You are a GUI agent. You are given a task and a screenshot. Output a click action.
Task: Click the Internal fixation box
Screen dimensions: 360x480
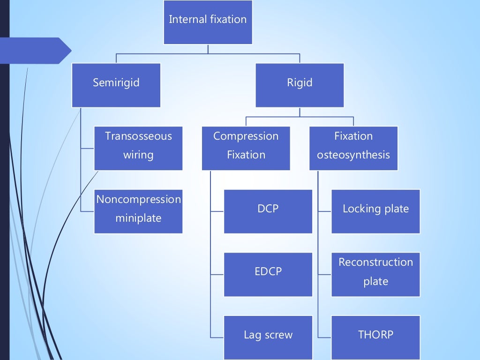[x=208, y=22]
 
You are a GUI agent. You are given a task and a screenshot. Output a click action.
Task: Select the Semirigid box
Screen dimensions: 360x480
[x=116, y=85]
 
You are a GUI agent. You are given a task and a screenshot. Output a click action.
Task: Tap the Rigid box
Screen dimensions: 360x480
[x=300, y=85]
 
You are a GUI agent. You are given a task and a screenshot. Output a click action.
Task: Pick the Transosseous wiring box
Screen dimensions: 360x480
[x=138, y=148]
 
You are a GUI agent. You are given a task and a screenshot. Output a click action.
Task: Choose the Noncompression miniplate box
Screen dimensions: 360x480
[x=138, y=211]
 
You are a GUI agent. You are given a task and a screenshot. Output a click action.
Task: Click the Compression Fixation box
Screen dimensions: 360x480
[x=246, y=148]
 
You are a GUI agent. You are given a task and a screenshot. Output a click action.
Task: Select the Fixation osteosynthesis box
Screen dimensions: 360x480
[x=353, y=148]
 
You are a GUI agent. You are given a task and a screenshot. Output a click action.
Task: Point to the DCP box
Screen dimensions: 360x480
[x=268, y=211]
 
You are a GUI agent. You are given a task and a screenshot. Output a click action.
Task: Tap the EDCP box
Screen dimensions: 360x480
[x=268, y=274]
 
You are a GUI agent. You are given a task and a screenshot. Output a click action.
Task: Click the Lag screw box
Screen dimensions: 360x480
[x=268, y=337]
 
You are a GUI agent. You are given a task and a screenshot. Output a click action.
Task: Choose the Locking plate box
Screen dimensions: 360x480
[x=375, y=211]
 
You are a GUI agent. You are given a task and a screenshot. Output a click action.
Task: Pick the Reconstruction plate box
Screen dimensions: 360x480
[x=375, y=274]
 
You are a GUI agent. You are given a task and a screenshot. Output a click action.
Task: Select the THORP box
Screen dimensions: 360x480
[x=375, y=337]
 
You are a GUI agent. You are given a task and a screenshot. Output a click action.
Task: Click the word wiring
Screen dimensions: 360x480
[x=138, y=155]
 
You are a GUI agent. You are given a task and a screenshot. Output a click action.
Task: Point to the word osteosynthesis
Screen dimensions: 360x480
[x=353, y=155]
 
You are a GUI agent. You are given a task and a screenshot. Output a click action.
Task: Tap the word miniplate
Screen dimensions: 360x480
[x=138, y=218]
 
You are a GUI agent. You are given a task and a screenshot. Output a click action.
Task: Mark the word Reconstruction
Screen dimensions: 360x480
[x=375, y=262]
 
